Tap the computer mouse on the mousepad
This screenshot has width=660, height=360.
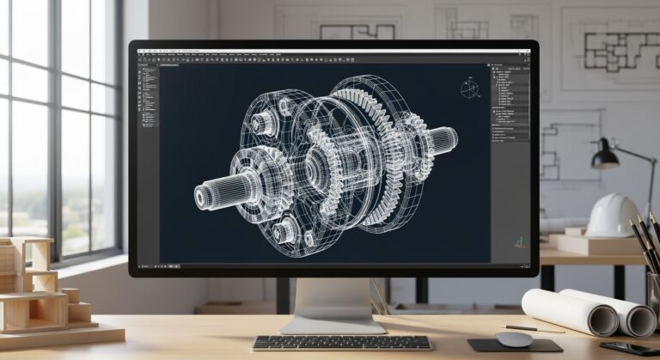[x=514, y=339]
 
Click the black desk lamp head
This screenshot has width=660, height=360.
[x=605, y=156]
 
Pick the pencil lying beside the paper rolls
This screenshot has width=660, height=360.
[x=534, y=329]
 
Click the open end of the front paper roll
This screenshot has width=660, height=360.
[x=602, y=320]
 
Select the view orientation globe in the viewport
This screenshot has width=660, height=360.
[x=470, y=88]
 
